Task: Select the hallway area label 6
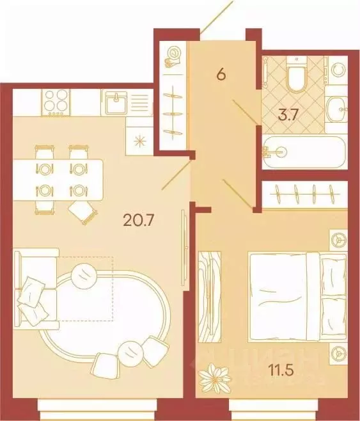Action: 221,74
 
